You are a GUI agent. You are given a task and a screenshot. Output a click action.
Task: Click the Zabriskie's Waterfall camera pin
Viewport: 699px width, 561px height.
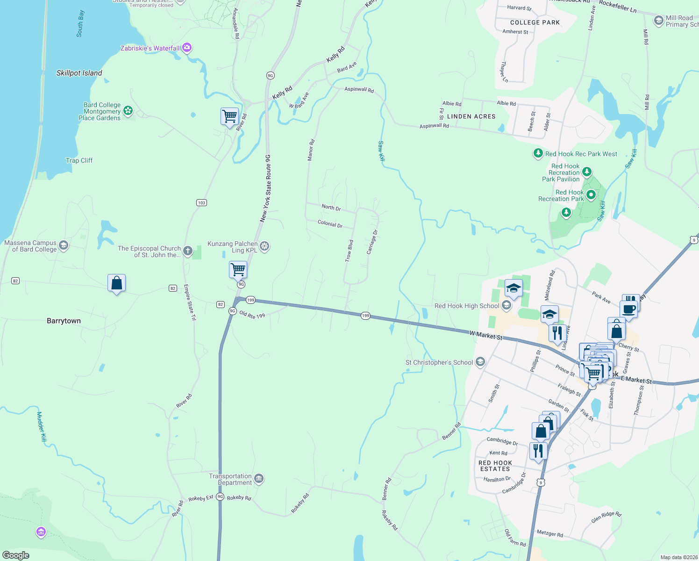click(187, 48)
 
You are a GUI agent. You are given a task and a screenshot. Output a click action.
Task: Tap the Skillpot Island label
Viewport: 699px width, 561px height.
click(79, 73)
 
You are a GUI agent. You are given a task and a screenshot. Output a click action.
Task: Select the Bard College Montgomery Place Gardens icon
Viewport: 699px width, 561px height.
click(128, 111)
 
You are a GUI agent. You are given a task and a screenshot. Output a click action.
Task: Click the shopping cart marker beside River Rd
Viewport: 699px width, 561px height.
click(229, 116)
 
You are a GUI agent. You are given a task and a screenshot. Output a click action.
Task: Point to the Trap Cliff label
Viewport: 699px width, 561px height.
click(79, 160)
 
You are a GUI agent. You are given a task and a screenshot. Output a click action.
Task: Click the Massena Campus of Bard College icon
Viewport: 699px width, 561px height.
click(64, 245)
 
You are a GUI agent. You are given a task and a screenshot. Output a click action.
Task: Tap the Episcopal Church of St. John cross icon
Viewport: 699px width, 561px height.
click(188, 251)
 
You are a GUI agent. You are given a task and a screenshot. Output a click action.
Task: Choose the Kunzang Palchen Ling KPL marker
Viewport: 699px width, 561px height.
click(264, 246)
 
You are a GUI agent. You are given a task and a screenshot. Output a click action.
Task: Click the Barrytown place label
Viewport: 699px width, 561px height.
click(64, 321)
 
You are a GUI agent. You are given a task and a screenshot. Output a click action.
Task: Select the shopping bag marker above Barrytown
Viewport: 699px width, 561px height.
click(116, 283)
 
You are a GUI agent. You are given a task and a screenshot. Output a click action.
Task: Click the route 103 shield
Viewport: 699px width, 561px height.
click(201, 202)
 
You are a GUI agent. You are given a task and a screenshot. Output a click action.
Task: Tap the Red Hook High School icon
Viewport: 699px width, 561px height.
click(506, 306)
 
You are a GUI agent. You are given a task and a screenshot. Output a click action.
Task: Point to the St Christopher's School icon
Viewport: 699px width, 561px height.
click(480, 362)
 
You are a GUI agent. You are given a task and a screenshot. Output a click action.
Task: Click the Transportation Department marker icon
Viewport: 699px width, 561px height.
click(259, 479)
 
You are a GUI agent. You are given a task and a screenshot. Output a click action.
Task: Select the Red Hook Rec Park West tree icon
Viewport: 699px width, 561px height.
click(538, 153)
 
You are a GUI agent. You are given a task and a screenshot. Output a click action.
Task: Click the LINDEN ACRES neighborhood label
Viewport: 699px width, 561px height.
click(471, 116)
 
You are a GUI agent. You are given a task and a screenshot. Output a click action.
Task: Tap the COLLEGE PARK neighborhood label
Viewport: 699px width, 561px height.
click(535, 22)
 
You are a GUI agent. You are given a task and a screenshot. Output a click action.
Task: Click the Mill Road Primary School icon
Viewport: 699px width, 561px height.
click(659, 21)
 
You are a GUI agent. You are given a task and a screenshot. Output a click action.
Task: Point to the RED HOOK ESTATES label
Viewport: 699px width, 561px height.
click(495, 466)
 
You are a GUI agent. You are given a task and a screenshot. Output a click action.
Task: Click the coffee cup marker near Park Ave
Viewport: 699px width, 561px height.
click(629, 309)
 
